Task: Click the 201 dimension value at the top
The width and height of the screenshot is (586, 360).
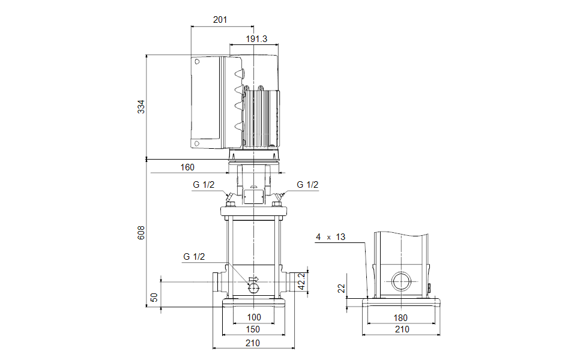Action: [220, 20]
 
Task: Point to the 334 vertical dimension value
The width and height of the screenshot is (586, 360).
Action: [141, 107]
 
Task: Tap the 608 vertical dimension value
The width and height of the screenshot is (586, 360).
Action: [141, 233]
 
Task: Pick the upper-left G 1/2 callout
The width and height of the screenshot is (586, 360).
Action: [203, 185]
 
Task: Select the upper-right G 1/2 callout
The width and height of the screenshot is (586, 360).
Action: [307, 185]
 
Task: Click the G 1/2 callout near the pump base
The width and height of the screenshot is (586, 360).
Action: [194, 257]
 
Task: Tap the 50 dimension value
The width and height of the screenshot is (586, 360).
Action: [154, 298]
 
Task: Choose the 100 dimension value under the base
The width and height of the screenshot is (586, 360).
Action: [254, 317]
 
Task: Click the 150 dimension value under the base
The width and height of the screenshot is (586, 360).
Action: [253, 329]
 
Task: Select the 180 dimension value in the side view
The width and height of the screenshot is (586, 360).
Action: [401, 317]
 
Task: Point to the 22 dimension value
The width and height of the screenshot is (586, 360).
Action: [342, 289]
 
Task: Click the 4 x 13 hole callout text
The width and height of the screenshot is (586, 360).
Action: [331, 237]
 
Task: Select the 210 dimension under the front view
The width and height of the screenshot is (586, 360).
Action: [253, 343]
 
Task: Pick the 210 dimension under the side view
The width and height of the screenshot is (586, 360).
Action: [402, 329]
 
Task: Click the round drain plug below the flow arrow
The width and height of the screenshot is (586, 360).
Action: [254, 289]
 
